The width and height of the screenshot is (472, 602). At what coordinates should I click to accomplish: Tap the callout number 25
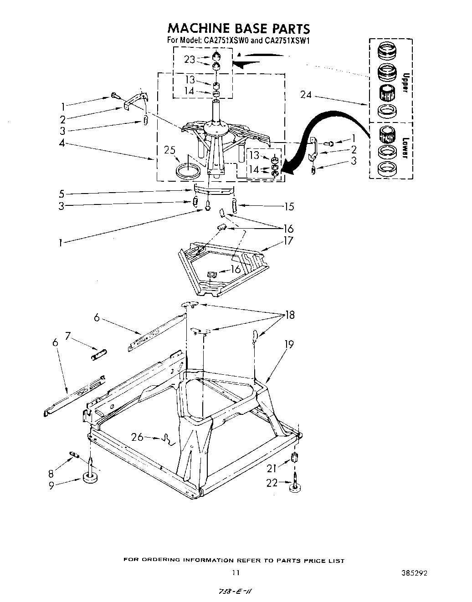[x=171, y=150]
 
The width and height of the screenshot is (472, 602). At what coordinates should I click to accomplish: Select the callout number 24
[x=306, y=95]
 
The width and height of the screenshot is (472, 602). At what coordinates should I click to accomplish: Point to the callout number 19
[x=288, y=345]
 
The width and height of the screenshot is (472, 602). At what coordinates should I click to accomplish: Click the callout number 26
[x=137, y=437]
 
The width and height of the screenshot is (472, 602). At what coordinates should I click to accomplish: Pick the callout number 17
[x=288, y=240]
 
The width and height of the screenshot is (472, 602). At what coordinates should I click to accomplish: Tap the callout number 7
[x=68, y=336]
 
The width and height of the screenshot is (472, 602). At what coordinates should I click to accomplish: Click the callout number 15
[x=289, y=207]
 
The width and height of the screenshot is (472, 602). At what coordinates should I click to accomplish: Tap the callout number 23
[x=190, y=59]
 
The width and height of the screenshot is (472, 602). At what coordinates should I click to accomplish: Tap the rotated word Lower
[x=403, y=148]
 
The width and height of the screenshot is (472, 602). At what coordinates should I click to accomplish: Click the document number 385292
[x=414, y=573]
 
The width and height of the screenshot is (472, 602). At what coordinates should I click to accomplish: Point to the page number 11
[x=235, y=573]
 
